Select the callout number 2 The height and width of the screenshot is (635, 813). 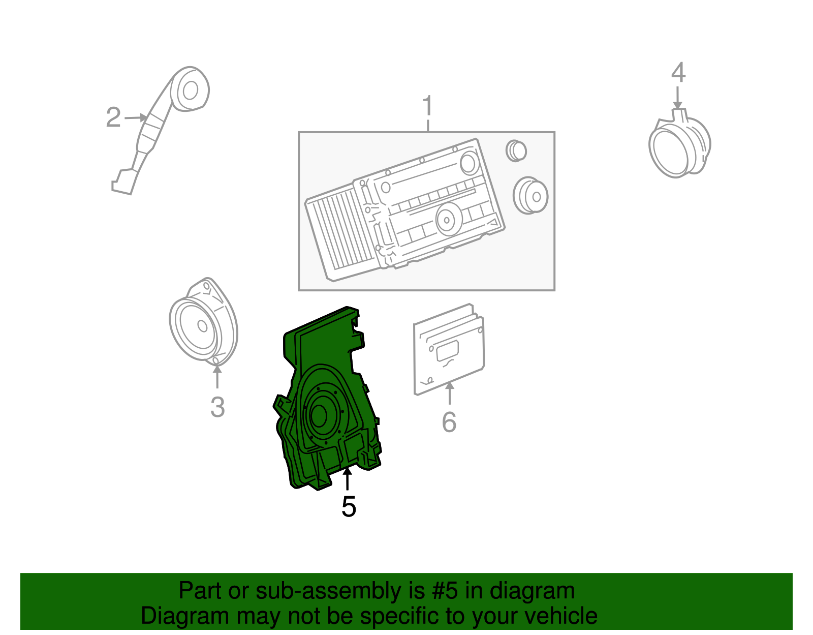click(x=113, y=117)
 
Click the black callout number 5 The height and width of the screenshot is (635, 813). click(x=349, y=507)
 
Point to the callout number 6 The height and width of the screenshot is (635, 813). click(x=449, y=421)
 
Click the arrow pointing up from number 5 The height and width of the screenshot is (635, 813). click(x=347, y=478)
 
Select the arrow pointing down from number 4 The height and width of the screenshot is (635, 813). click(x=677, y=97)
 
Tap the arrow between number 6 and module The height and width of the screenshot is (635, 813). click(x=449, y=393)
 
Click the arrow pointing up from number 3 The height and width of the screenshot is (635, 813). click(x=217, y=377)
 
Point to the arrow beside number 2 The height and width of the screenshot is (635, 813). click(x=136, y=117)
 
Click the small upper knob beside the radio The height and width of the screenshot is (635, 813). click(x=516, y=151)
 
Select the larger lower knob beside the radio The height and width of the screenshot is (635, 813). click(x=530, y=195)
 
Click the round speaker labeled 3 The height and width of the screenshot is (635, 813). click(x=203, y=322)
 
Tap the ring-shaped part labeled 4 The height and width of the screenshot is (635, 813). click(x=679, y=143)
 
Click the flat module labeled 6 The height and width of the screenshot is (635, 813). click(x=449, y=349)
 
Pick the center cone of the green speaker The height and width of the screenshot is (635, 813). click(x=319, y=415)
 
